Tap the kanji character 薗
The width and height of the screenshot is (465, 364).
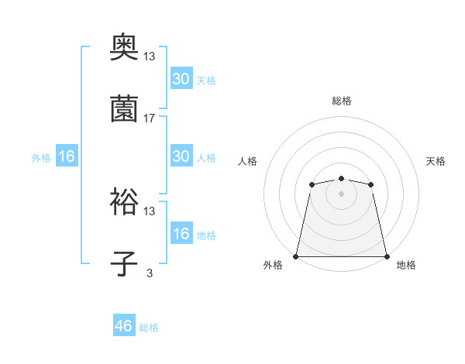point(124,109)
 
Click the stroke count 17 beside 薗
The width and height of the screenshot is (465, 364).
point(150,118)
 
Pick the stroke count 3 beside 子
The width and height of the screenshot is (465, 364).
point(150,273)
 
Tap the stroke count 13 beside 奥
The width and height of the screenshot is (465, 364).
point(150,57)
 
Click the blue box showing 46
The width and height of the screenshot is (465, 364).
point(124,326)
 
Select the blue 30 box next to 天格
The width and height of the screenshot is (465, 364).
point(181,79)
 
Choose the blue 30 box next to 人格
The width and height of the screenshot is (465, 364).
point(181,156)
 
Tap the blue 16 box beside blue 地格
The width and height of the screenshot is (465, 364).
point(181,234)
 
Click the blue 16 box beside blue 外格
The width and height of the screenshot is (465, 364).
point(67,156)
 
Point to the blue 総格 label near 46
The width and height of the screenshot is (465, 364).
point(149,328)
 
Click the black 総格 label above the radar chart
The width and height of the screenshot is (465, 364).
point(341,101)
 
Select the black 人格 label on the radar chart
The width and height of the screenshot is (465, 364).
point(248,161)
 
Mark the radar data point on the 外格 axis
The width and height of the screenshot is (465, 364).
point(296,256)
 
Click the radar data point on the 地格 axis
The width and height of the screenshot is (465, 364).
point(387,256)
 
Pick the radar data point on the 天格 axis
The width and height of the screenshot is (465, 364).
point(371,184)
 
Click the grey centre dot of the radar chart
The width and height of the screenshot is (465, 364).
point(341,194)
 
